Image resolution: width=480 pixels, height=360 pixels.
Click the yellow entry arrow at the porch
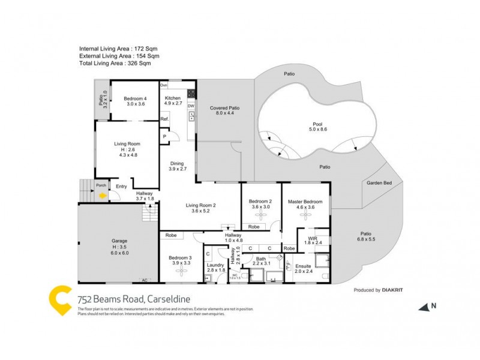click(103, 195)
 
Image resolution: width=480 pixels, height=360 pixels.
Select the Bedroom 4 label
click(135, 99)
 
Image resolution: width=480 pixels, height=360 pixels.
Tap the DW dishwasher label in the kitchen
click(190, 106)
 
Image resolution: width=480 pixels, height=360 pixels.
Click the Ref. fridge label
click(164, 119)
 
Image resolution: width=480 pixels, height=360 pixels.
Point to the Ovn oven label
click(163, 86)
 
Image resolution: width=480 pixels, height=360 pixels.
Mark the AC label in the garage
click(145, 280)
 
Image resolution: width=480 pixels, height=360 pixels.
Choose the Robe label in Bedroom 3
click(171, 236)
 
